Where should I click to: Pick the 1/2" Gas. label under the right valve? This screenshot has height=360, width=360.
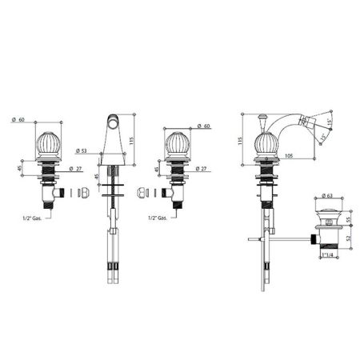point(158,218)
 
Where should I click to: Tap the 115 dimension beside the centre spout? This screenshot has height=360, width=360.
point(141,123)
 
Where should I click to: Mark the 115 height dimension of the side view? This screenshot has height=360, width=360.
point(238,141)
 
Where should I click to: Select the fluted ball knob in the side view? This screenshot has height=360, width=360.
point(265,146)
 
